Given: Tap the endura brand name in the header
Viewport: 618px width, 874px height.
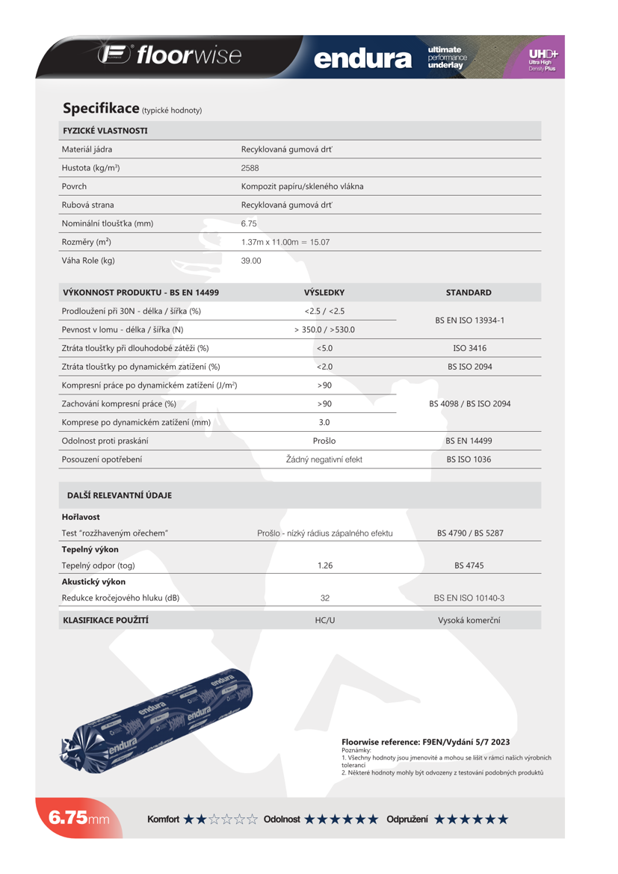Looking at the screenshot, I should coord(362,58).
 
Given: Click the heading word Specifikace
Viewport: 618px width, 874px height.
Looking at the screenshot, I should coord(101,108).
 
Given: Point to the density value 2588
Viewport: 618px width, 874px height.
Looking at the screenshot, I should coord(250,168).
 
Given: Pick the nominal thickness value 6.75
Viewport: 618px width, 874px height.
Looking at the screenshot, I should coord(249,223).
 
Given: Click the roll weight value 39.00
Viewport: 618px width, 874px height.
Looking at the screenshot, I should coord(251,261).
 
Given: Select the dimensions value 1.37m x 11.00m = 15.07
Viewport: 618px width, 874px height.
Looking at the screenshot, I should coord(285,242).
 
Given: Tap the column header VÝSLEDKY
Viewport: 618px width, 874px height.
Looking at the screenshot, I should coord(324,293).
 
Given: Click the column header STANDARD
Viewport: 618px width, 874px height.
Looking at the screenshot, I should coord(469,293).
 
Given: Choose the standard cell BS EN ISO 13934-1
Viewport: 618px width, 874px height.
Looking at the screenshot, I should coord(469,320).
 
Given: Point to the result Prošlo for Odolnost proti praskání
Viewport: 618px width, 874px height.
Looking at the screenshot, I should coord(324,441).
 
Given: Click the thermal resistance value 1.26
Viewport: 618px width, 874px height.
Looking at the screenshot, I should coord(324,565).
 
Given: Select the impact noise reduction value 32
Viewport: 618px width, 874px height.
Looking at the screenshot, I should coord(324,598).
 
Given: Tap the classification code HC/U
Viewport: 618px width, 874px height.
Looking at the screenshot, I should coord(324,620).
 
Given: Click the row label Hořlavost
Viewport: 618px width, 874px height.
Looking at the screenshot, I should coord(81,517).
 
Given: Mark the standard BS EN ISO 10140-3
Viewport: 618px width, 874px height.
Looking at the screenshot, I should coord(469,598).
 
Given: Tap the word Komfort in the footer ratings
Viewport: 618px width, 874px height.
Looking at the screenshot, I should coord(163,819).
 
